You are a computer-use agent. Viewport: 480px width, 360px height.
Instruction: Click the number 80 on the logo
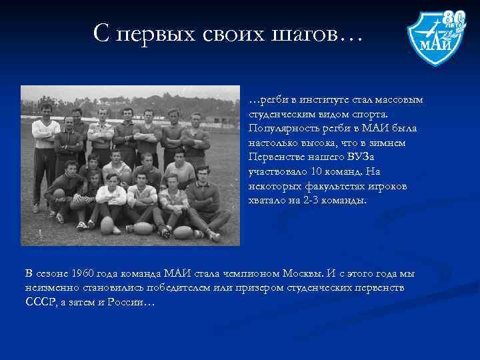(x=455, y=17)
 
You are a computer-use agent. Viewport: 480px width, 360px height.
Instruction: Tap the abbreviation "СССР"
(x=38, y=303)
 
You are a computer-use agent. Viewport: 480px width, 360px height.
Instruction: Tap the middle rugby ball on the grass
(x=143, y=228)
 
